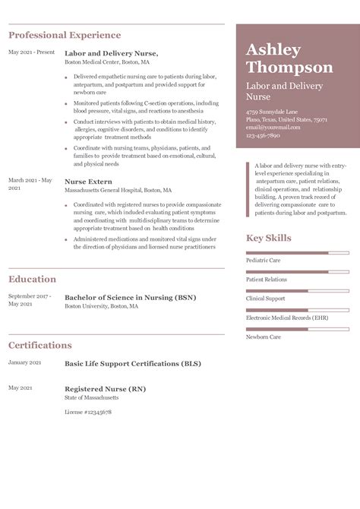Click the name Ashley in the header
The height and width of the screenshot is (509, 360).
(273, 49)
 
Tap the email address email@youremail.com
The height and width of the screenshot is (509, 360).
(274, 127)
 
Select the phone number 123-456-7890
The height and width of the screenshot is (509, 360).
(263, 134)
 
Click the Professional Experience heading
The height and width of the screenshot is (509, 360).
(65, 35)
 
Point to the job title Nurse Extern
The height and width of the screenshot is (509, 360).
(88, 182)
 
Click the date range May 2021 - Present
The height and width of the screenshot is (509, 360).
(32, 52)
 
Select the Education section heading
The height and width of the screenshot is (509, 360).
(32, 279)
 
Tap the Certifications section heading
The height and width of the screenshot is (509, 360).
(40, 345)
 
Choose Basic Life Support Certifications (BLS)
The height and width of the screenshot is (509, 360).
(132, 364)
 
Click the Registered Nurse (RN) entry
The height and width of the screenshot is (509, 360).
(105, 389)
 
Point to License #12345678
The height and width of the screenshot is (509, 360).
(88, 412)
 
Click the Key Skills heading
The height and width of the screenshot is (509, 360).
(268, 239)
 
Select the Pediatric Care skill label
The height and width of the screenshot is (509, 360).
(263, 260)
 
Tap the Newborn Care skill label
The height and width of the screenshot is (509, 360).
(263, 337)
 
